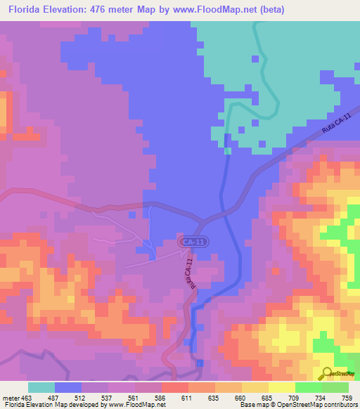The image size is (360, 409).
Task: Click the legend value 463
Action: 27,398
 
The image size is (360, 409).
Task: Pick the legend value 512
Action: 82,398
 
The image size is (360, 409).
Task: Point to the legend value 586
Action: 161,398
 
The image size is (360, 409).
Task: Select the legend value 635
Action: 214,398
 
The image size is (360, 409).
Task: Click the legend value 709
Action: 295,398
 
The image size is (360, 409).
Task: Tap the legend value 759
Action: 348,398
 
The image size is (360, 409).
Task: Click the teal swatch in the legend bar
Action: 41,387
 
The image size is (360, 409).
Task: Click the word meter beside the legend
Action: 10,398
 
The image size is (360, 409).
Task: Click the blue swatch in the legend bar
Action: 67,387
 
